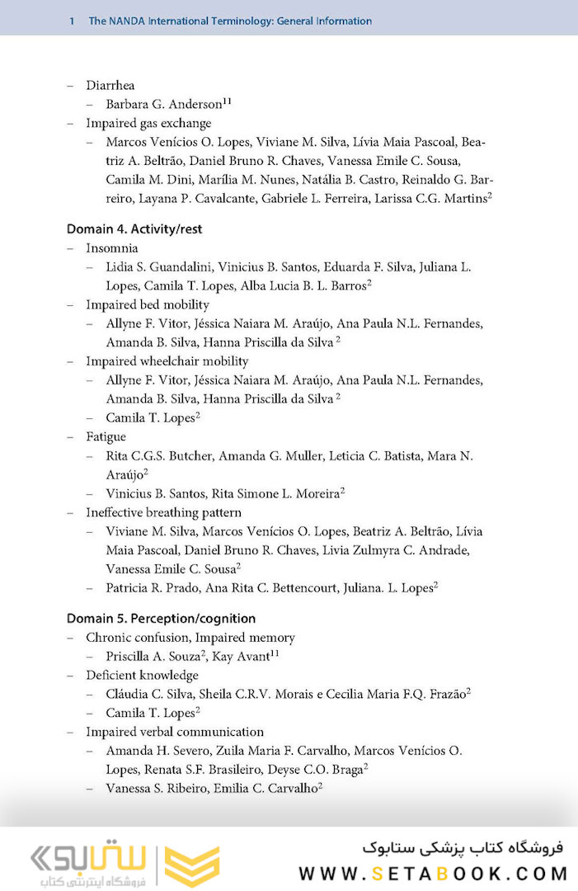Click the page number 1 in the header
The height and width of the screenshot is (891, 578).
click(x=73, y=21)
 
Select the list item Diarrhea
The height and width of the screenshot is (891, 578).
click(x=110, y=85)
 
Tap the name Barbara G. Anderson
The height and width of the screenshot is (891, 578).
click(x=164, y=105)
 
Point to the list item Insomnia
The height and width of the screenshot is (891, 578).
click(x=112, y=247)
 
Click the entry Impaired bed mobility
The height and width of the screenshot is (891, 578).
click(x=148, y=304)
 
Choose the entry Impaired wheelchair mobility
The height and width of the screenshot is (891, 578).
click(x=167, y=361)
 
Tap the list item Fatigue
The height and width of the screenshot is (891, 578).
click(x=106, y=436)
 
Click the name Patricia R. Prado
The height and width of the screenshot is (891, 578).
click(x=148, y=587)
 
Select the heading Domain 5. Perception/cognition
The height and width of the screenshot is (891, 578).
click(x=161, y=619)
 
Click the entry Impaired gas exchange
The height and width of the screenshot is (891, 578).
click(x=148, y=123)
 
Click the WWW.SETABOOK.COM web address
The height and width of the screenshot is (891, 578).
click(x=433, y=874)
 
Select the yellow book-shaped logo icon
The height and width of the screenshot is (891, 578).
click(x=191, y=865)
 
